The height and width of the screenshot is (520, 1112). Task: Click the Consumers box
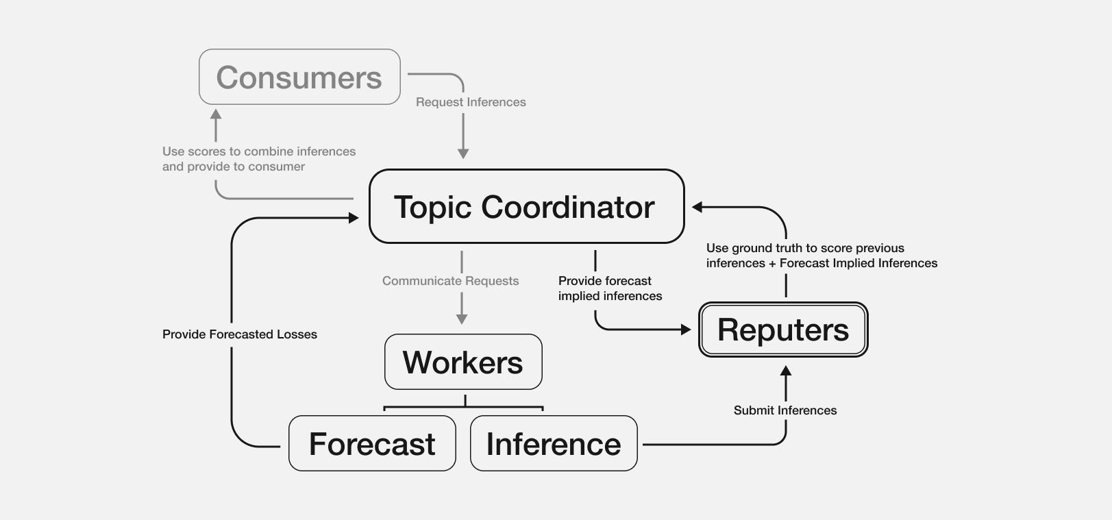coord(299,77)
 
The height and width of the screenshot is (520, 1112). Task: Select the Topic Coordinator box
coord(526,206)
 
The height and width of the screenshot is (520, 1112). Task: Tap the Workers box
coord(463,362)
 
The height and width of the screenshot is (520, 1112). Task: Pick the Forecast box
coord(372,443)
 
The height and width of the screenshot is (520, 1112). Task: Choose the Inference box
coord(554,443)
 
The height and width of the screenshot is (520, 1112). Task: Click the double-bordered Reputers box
coord(783,330)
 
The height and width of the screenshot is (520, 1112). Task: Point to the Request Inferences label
coord(471,102)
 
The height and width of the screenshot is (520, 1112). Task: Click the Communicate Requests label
coord(450,281)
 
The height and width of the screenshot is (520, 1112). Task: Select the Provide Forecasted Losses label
coord(240,334)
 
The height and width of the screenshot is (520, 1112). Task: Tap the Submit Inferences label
coord(785,410)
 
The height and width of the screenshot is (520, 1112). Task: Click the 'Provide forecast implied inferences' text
coord(610,288)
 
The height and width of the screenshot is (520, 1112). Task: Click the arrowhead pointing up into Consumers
coord(216,114)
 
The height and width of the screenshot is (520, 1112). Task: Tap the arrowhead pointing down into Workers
coord(462,319)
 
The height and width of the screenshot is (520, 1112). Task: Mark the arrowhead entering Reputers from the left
coord(686,330)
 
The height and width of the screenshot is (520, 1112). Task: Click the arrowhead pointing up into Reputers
coord(786,371)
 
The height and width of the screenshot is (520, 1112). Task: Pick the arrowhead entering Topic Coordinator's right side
coord(697,207)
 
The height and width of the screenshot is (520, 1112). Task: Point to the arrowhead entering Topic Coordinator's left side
coord(354,218)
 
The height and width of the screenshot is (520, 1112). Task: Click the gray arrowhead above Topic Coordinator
coord(463,154)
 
